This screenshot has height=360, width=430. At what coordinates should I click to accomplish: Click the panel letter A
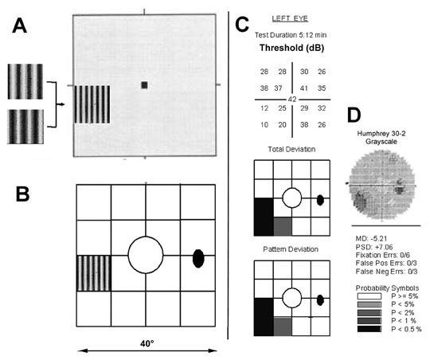coord(19,25)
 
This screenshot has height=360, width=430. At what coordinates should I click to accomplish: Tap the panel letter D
coord(354,115)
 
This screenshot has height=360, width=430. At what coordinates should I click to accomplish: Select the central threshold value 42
coord(292,100)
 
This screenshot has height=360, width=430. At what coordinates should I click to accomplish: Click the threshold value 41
coord(304,88)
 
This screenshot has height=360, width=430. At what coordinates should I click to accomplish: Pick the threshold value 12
coord(264,108)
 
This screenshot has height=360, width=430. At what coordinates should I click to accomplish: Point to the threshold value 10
coord(264,125)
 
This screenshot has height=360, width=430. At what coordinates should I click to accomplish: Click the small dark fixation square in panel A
coord(144,85)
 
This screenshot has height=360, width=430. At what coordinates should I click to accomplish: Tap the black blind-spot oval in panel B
coord(198,258)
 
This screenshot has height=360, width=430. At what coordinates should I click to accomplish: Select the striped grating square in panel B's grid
coord(94,273)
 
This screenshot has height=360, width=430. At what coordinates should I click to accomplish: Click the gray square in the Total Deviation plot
coord(283,226)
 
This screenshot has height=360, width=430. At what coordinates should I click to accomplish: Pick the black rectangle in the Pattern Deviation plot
coord(264,317)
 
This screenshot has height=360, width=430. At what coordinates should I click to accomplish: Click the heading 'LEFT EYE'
coord(290,18)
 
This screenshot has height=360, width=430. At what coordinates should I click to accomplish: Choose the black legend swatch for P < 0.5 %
coord(369,329)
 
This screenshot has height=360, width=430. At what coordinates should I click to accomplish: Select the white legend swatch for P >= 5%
coord(369,296)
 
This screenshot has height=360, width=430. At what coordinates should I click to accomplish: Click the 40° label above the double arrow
coord(147,343)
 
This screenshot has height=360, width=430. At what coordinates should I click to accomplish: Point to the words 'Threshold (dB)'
coord(291,48)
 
